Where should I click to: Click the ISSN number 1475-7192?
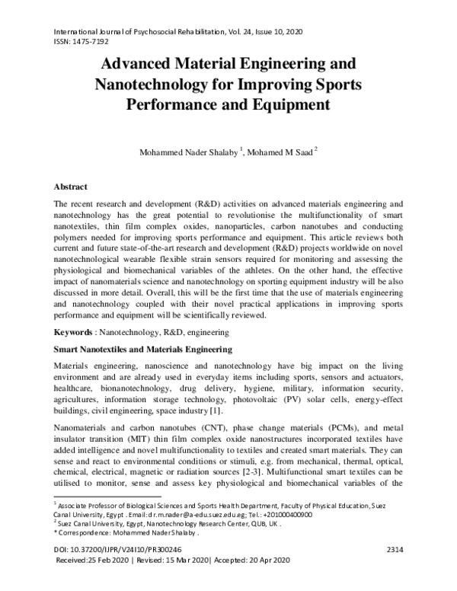(x=91, y=43)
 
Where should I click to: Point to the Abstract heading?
(x=71, y=186)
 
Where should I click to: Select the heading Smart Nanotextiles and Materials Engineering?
(x=142, y=350)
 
